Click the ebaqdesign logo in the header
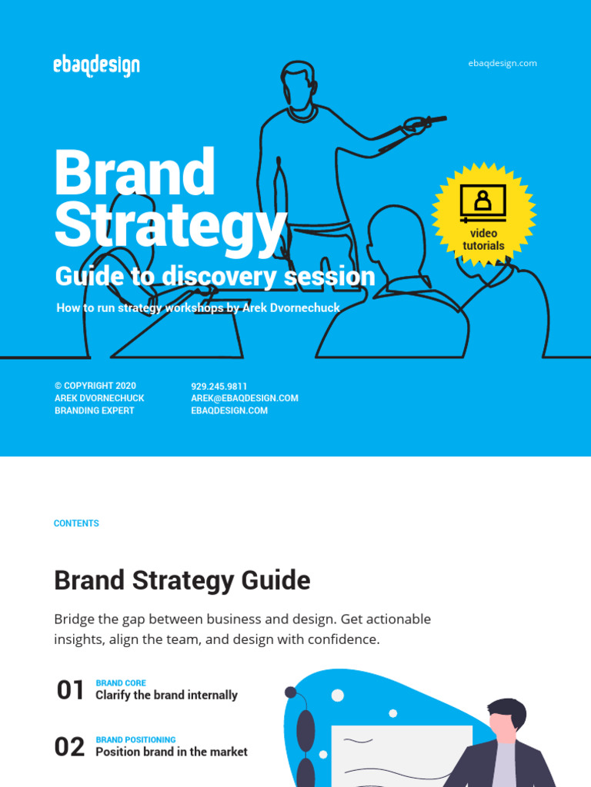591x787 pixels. pos(97,65)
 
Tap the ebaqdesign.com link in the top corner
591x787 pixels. pos(502,63)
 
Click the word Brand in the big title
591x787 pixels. pos(135,172)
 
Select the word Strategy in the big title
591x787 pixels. pos(170,224)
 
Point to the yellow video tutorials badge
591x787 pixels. pos(483,215)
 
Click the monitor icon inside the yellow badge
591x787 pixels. pos(483,201)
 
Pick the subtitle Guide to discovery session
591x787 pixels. pos(215,277)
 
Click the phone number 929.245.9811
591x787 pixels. pos(219,386)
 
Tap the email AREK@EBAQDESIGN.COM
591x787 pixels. pos(245,398)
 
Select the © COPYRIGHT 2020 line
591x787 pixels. pos(95,386)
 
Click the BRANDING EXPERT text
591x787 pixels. pos(95,410)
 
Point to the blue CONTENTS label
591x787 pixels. pos(76,523)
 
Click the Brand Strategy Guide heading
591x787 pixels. pos(182,580)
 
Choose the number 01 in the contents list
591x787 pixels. pos(70,690)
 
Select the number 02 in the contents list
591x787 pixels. pos(69,747)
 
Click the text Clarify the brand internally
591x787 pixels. pos(166,695)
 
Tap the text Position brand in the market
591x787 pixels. pos(172,752)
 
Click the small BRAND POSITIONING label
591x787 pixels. pos(135,739)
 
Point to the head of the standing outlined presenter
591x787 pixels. pos(298,86)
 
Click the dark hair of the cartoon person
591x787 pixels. pos(507,711)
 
